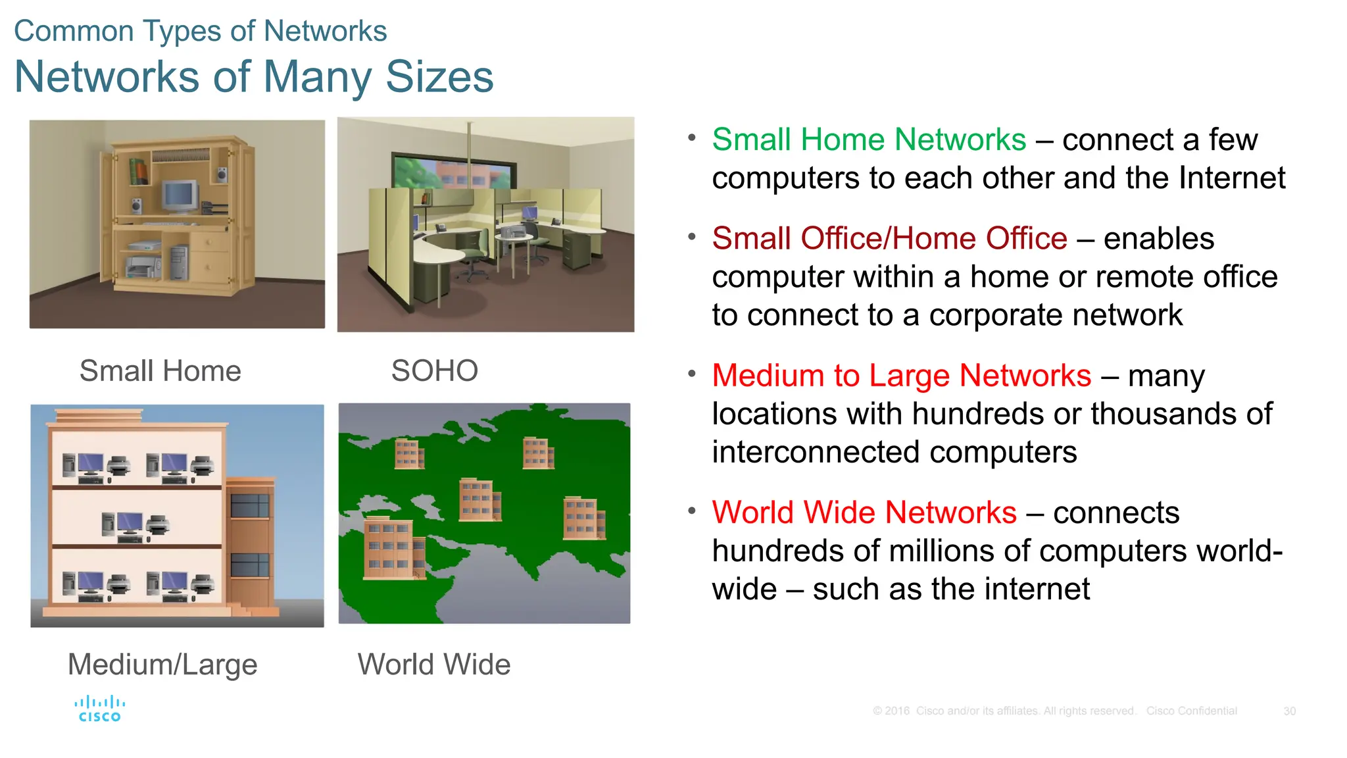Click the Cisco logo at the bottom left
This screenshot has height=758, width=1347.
[x=99, y=709]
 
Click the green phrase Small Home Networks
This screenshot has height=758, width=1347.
[x=868, y=140]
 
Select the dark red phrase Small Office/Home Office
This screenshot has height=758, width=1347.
[x=889, y=239]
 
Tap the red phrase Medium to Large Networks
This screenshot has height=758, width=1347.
[x=901, y=376]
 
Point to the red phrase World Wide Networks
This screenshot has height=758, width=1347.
[x=864, y=513]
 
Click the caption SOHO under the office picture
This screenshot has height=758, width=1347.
[x=434, y=371]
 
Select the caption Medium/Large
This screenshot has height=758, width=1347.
[x=162, y=665]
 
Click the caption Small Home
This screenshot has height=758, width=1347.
[x=160, y=371]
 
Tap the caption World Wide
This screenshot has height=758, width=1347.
[x=433, y=665]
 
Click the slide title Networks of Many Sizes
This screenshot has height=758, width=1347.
[x=253, y=77]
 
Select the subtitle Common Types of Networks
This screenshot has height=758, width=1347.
[x=200, y=31]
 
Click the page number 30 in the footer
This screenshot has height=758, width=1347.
[x=1289, y=711]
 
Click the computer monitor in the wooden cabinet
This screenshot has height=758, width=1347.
[x=180, y=196]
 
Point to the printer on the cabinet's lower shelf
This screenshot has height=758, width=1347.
[x=143, y=267]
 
